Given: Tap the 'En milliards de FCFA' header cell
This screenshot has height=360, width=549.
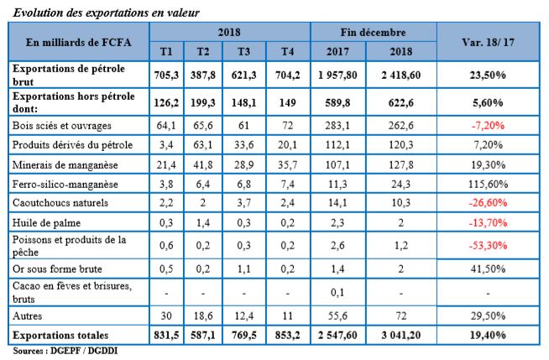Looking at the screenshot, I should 78,41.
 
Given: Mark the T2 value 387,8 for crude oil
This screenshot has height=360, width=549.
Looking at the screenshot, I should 203,73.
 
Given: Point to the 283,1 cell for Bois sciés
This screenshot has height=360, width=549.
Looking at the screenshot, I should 342,125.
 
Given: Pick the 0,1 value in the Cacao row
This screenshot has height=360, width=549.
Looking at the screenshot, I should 342,293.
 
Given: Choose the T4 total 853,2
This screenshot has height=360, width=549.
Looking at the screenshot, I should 287,335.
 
